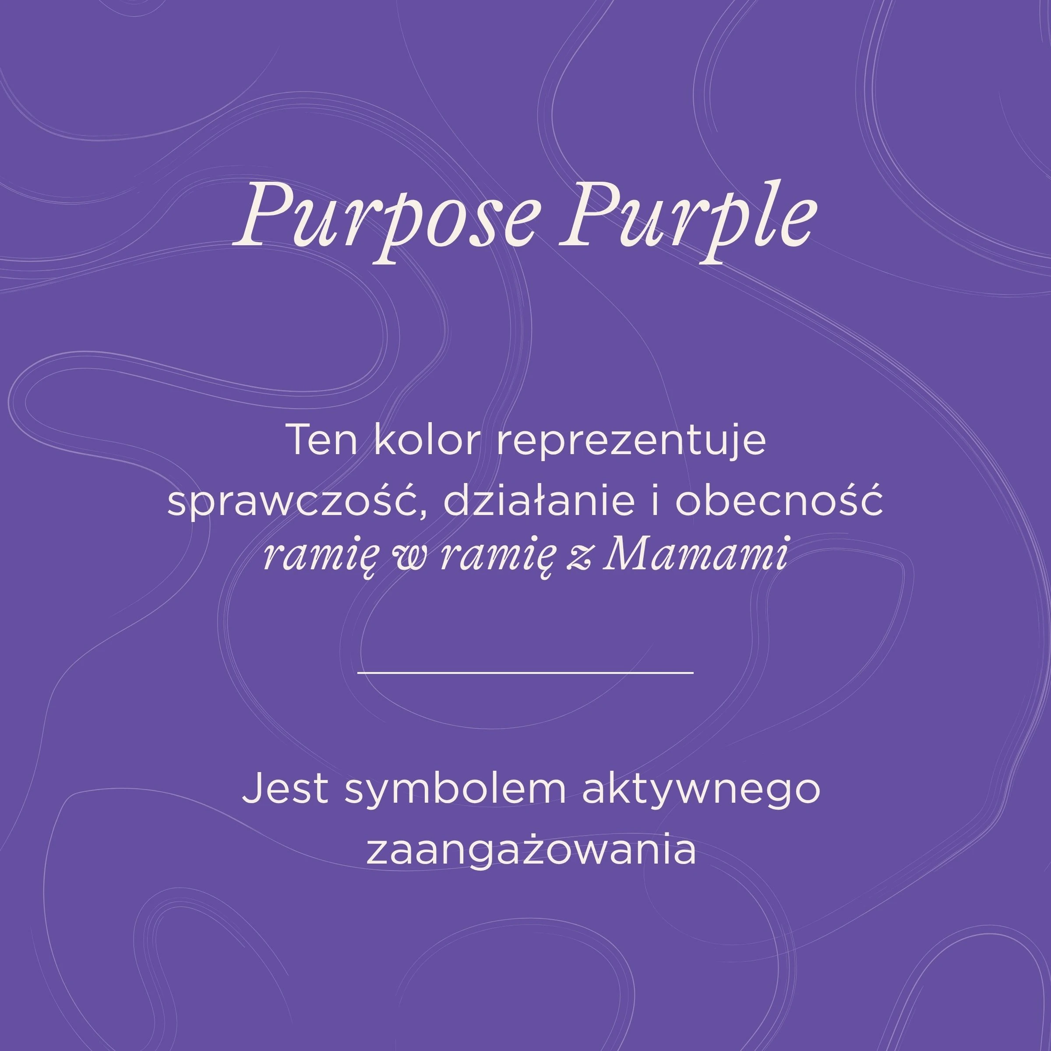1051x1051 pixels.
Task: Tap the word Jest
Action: click(285, 789)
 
